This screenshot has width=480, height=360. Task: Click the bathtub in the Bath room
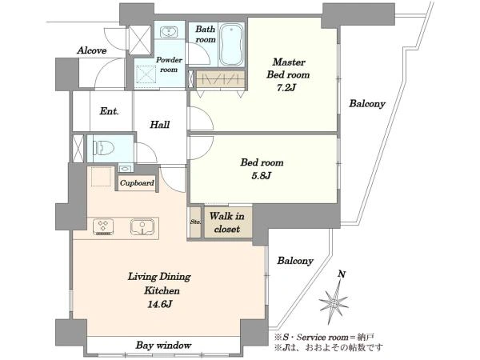coord(231,45)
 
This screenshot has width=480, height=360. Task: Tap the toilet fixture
coord(103,148)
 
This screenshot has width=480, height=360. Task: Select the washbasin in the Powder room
coord(169,31)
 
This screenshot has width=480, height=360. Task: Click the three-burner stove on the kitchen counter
coord(103,227)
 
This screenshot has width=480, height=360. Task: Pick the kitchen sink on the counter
coord(142,227)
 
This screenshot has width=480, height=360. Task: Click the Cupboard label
coord(137,183)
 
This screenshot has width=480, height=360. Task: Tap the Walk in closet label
coord(227,222)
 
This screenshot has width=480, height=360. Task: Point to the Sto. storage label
coord(195,222)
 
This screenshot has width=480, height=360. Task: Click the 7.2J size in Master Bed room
coord(286,88)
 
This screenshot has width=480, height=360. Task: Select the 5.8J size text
coord(262,176)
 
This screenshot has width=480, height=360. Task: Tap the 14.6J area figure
coord(160,304)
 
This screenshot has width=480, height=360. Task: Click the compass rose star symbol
coord(334,302)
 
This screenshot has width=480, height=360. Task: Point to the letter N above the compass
coord(342,274)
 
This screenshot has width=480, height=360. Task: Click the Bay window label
coord(163,346)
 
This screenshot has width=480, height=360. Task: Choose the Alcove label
coord(92,50)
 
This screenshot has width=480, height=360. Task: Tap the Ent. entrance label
coord(109,111)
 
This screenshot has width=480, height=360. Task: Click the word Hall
coord(160,125)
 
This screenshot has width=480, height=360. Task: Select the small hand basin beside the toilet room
coord(126,169)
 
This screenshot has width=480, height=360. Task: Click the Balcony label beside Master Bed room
coord(367,104)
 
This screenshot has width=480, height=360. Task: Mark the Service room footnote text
coord(324,338)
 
